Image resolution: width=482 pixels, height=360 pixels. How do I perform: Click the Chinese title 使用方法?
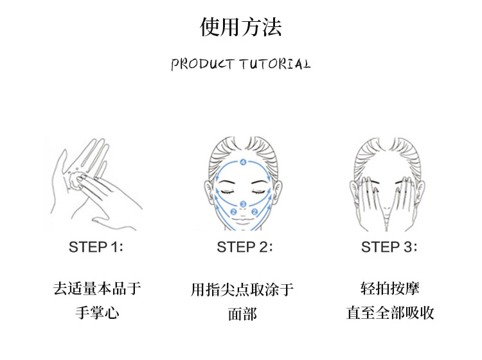(241, 27)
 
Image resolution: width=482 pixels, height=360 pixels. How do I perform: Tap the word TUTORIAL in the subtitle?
(275, 64)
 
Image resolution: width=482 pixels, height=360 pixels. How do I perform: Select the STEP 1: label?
(96, 247)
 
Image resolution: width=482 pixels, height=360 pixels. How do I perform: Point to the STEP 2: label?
(245, 247)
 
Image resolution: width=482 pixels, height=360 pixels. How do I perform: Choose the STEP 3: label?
(389, 247)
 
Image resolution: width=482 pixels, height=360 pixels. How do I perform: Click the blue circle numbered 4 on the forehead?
(243, 162)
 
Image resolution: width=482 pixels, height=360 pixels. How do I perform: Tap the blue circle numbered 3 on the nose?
(243, 204)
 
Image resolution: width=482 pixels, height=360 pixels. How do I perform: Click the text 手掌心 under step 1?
(97, 312)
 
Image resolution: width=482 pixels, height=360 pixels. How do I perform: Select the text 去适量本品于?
(97, 289)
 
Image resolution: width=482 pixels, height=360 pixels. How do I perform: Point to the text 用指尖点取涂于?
(242, 289)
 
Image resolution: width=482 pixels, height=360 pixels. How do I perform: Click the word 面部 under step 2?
(242, 314)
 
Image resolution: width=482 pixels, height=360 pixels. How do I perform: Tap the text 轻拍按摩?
(390, 289)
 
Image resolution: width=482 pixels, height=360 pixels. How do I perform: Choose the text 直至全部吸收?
(390, 312)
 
